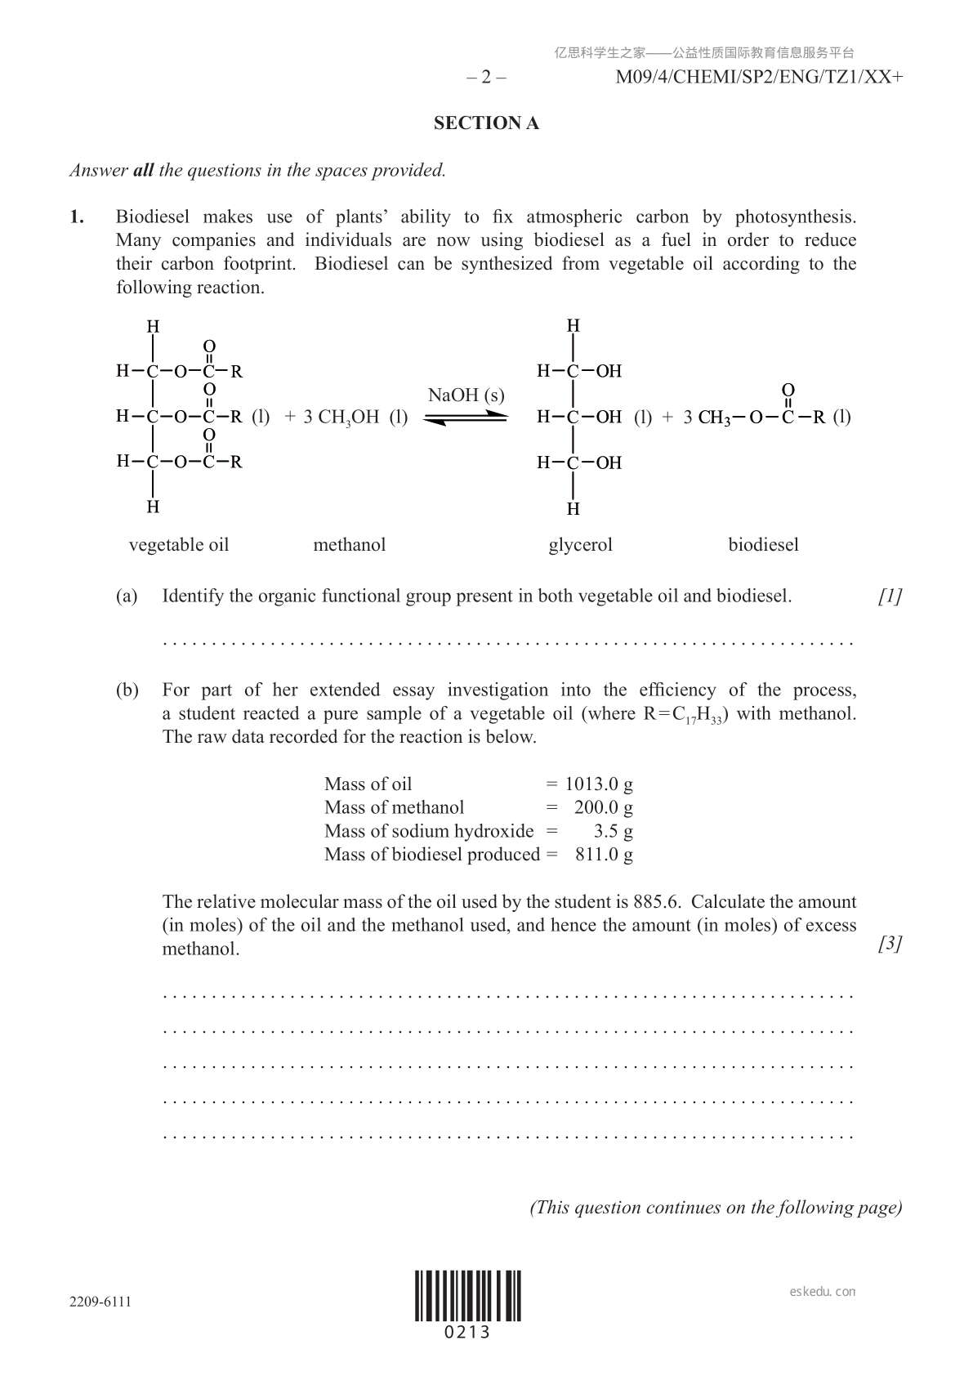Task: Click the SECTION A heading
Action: [x=486, y=123]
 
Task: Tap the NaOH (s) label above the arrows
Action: [x=466, y=395]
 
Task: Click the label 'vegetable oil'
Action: [x=179, y=545]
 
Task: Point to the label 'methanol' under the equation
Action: [x=349, y=545]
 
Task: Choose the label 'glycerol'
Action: [x=580, y=545]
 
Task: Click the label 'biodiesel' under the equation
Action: [x=763, y=545]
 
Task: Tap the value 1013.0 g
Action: [x=599, y=784]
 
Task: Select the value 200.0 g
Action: [x=603, y=808]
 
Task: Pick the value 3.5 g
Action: [x=613, y=831]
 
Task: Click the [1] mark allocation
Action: [x=890, y=596]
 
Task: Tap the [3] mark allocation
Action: [x=890, y=944]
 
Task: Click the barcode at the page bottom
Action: [x=467, y=1296]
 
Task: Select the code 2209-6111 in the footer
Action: [x=100, y=1302]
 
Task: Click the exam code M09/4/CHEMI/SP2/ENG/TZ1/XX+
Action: [x=759, y=78]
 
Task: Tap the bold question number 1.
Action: [x=77, y=217]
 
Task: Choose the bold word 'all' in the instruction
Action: [x=143, y=171]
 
